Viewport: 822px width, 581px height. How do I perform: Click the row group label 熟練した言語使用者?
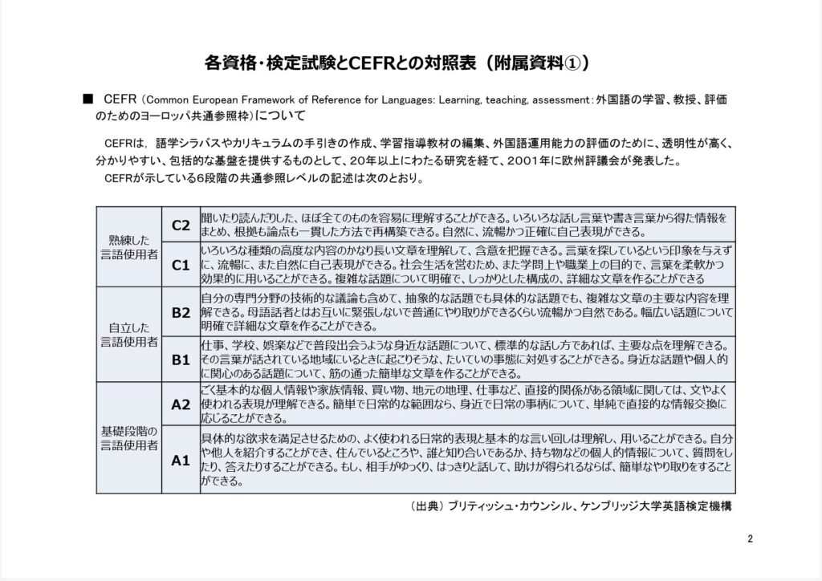pyautogui.click(x=129, y=246)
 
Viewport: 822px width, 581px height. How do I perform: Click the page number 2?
pyautogui.click(x=749, y=538)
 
